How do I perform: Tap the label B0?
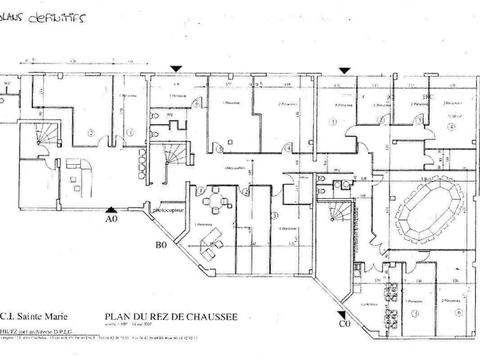tap(162, 245)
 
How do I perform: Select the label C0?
tap(345, 324)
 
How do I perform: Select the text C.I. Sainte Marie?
tap(34, 316)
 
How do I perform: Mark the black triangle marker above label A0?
tap(111, 209)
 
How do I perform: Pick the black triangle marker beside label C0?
tap(342, 313)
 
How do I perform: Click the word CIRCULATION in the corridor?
tap(235, 168)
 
